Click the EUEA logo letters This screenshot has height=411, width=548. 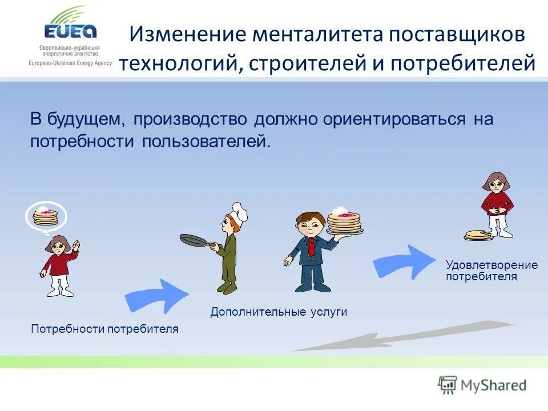pos(72,31)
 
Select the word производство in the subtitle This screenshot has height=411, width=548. pos(191,119)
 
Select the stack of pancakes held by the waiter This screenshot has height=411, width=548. pos(345,221)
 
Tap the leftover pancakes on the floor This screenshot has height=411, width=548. pos(478,234)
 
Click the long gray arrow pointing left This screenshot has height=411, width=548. pos(400,337)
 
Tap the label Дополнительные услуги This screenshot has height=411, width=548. pos(279,312)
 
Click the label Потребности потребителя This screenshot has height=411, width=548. pos(104,329)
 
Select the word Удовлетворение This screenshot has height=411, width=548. pos(491,265)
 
